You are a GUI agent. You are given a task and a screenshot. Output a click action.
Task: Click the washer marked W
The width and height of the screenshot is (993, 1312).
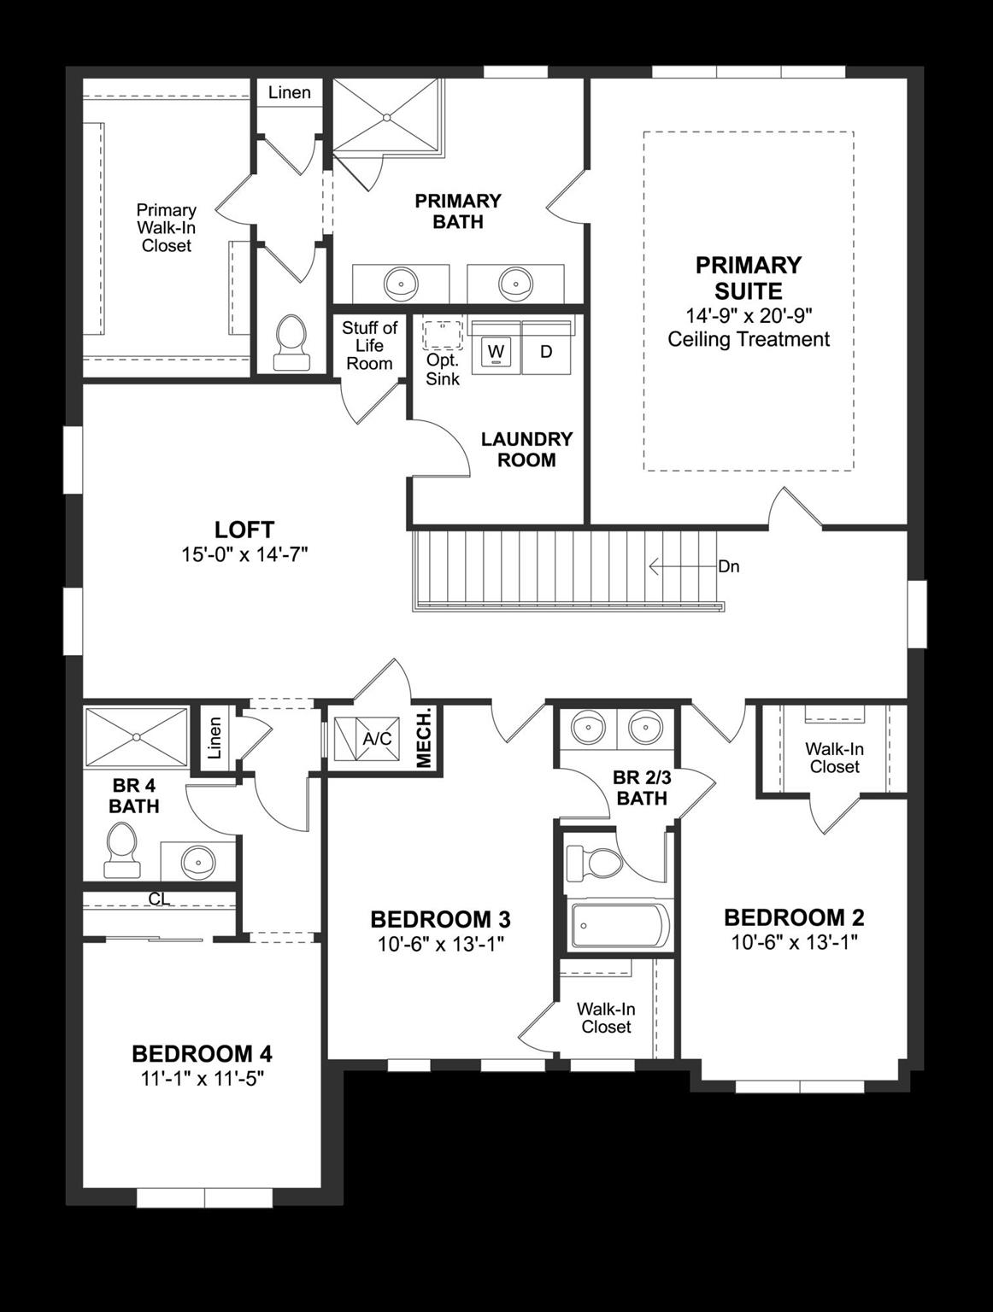[496, 351]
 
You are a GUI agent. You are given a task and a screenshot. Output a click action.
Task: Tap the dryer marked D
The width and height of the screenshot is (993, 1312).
[546, 351]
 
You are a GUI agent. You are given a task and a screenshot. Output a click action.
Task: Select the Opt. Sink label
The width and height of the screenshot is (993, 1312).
[443, 369]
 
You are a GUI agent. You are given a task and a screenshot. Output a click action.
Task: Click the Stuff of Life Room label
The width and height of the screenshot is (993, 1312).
[369, 345]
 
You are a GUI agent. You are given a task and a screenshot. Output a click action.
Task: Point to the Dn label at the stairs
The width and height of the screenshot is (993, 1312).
[728, 566]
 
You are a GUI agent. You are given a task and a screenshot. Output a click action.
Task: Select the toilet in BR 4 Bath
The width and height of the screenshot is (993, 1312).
[121, 849]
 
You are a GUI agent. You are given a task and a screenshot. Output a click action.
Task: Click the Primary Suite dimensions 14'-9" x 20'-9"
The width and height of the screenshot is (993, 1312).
[748, 315]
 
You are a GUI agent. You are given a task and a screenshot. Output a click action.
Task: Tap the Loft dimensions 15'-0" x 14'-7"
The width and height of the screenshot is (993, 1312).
[244, 554]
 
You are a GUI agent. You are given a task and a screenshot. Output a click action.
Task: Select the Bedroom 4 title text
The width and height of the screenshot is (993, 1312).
[202, 1054]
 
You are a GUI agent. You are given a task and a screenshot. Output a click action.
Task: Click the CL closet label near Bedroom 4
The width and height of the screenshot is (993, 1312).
[159, 899]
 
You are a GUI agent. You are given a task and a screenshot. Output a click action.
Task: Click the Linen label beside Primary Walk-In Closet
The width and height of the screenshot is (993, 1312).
[289, 92]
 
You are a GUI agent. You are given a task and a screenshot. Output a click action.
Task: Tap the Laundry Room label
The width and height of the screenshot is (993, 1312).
[526, 449]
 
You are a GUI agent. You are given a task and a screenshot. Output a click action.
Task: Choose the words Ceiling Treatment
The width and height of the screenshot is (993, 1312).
[748, 340]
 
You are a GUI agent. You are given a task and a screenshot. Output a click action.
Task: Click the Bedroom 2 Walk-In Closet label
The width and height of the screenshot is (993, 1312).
[834, 758]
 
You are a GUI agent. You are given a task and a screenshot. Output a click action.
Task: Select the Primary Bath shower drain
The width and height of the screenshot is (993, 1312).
[387, 117]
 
